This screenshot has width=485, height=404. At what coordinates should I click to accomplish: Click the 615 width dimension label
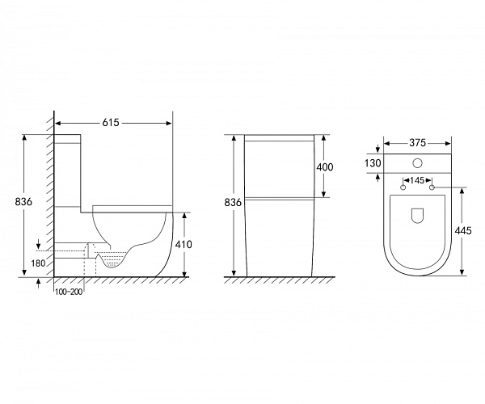coord(111,123)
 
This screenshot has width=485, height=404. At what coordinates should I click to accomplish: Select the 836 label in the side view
coord(23,201)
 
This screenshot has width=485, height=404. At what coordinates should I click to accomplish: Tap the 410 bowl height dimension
coord(183,244)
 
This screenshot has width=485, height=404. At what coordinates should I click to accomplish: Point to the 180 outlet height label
coord(38,263)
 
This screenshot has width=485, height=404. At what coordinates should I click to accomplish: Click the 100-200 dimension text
coord(69,292)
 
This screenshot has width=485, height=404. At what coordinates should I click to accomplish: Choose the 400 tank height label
coord(325,167)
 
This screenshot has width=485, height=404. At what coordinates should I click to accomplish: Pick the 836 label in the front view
coord(233,203)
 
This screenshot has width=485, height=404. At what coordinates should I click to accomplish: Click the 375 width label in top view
coord(418,143)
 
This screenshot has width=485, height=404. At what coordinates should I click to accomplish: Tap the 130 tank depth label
coord(373,163)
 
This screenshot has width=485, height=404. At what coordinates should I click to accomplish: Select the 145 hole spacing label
coord(417,180)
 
